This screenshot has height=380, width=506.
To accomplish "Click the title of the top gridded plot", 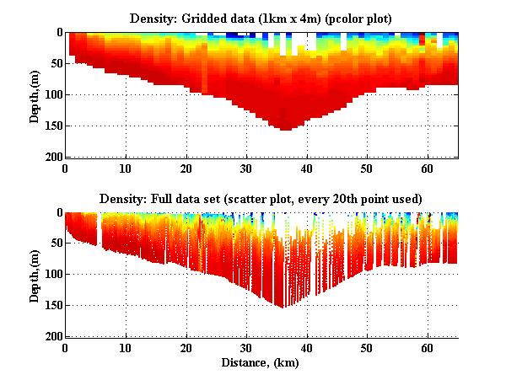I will [x=261, y=18].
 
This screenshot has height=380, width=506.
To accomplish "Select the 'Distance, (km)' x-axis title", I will [x=261, y=362].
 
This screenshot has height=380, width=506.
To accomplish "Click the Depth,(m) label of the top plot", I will [x=35, y=94].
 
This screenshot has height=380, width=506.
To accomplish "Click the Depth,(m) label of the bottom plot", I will [x=35, y=275].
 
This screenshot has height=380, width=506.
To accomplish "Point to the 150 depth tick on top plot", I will [x=52, y=126].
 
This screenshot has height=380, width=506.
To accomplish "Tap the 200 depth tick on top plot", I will [x=52, y=158].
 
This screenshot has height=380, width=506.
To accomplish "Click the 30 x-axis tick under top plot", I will [x=246, y=168].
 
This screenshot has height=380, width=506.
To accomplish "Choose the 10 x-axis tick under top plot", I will [x=126, y=168].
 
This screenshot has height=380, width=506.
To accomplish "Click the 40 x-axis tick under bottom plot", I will [x=306, y=347].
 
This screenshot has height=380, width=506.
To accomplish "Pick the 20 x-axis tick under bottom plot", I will [x=186, y=347].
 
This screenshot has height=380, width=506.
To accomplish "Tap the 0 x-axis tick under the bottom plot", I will [x=66, y=347].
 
